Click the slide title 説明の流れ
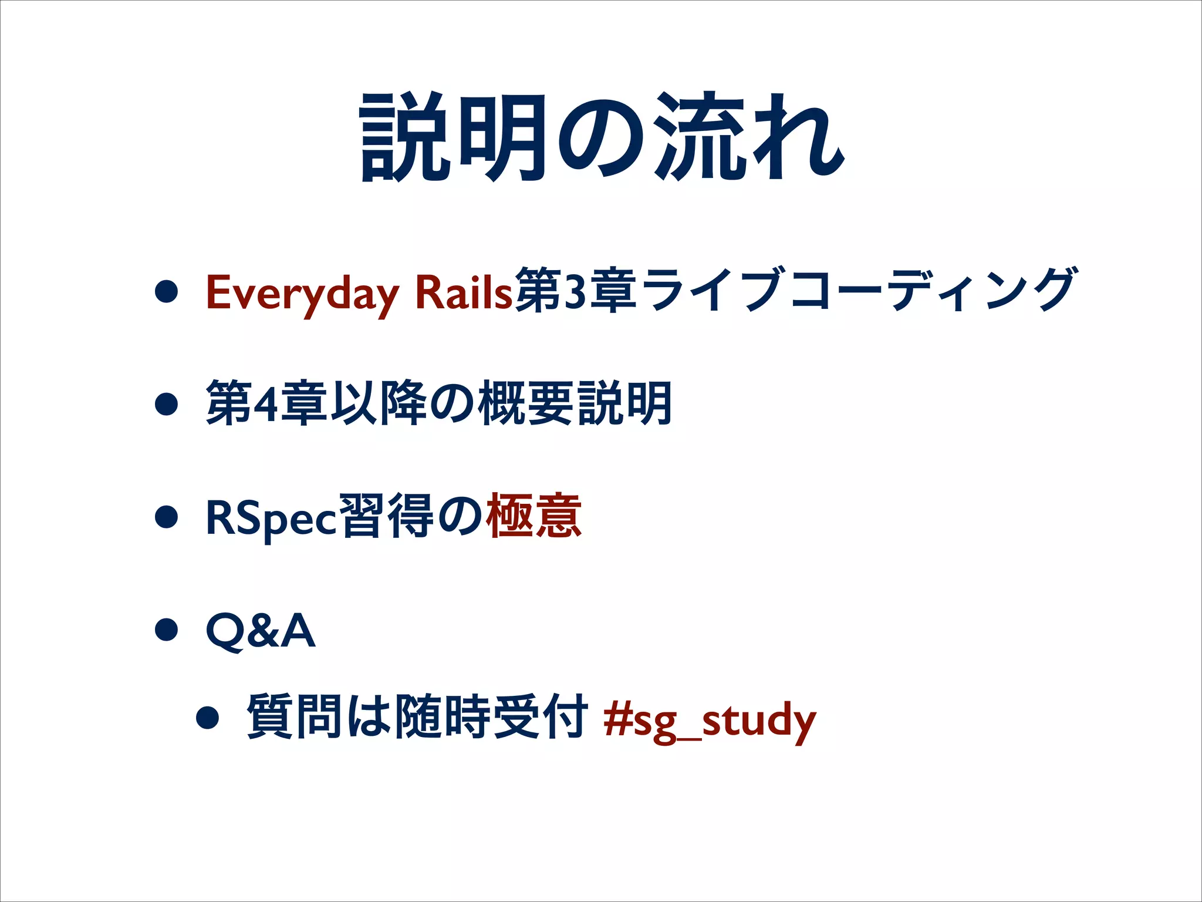click(x=602, y=138)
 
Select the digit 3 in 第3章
click(x=575, y=291)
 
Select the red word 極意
click(x=534, y=516)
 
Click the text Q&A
click(x=261, y=631)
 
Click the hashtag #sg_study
click(x=710, y=719)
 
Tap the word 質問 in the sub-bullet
click(x=294, y=716)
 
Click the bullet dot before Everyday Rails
click(x=167, y=291)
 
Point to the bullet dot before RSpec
click(x=167, y=517)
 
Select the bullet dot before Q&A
click(x=167, y=630)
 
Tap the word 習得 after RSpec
click(x=387, y=517)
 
